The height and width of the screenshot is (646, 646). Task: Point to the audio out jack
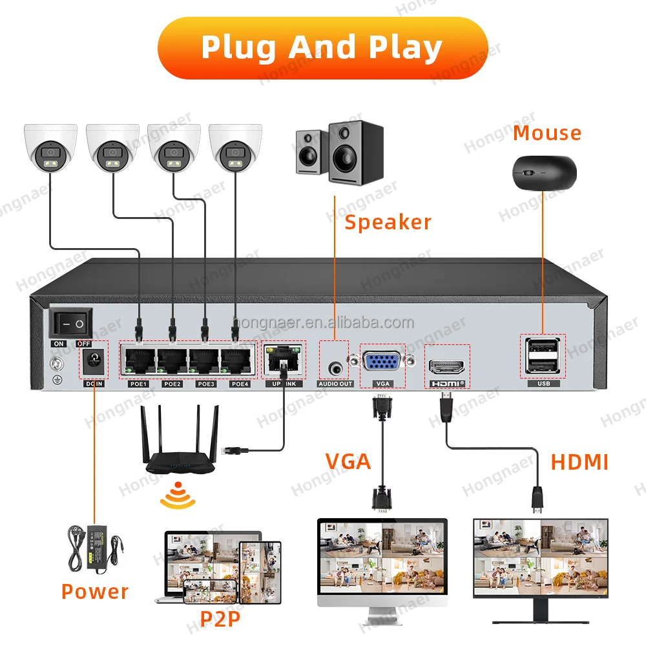336,367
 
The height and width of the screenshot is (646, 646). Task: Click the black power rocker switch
71,322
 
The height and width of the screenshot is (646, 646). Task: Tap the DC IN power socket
94,362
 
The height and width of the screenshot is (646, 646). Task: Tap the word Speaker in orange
388,222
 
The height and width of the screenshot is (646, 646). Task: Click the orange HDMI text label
579,463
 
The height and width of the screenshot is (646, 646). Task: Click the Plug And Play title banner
322,48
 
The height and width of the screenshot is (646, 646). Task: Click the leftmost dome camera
50,149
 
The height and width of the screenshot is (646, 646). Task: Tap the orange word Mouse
547,133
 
